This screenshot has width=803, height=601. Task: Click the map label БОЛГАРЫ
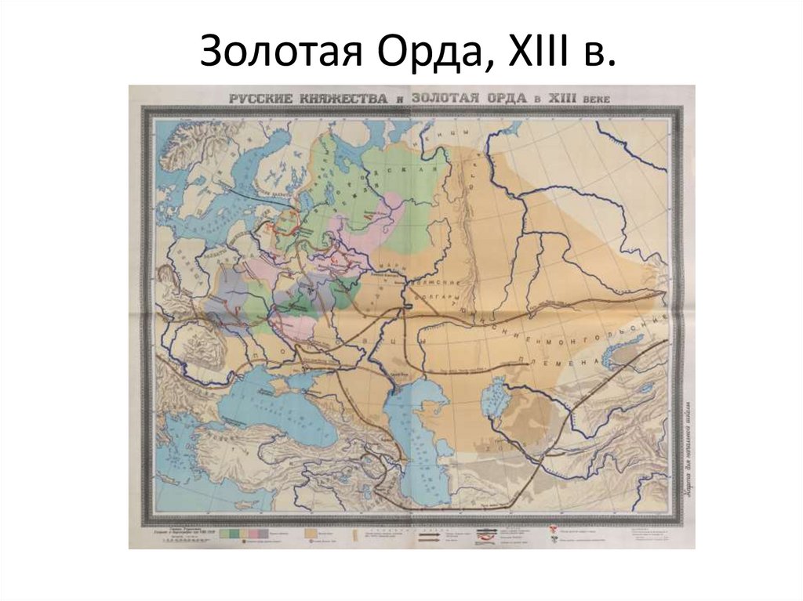tap(441, 302)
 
